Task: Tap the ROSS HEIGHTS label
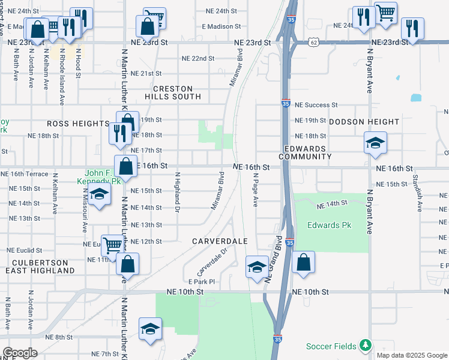pyautogui.click(x=78, y=123)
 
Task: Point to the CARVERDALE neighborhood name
pyautogui.click(x=220, y=241)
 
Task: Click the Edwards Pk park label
pyautogui.click(x=328, y=226)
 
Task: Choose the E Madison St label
pyautogui.click(x=221, y=26)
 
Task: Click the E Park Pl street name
pyautogui.click(x=201, y=281)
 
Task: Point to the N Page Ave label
pyautogui.click(x=255, y=190)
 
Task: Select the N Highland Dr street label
pyautogui.click(x=177, y=192)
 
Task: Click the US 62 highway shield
pyautogui.click(x=314, y=42)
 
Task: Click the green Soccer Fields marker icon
pyautogui.click(x=364, y=346)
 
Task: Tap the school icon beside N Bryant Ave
pyautogui.click(x=375, y=143)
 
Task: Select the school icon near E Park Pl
pyautogui.click(x=257, y=266)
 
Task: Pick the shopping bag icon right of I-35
pyautogui.click(x=304, y=262)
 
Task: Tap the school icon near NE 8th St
pyautogui.click(x=150, y=329)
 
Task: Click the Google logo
pyautogui.click(x=20, y=353)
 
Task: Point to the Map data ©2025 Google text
pyautogui.click(x=411, y=355)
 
